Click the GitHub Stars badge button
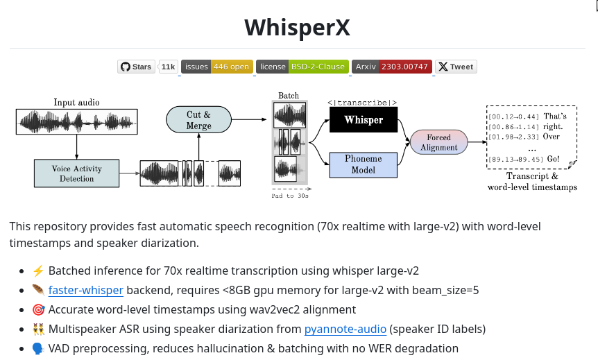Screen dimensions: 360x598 (136, 67)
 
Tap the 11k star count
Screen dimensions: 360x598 (168, 67)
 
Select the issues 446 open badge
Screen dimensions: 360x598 (217, 67)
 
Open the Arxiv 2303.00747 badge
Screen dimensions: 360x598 (392, 67)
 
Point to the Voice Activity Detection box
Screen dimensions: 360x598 (77, 173)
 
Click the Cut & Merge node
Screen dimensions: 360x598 (198, 120)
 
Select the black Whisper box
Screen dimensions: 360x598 (364, 120)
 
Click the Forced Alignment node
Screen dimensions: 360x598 (438, 142)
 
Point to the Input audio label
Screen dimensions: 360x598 (76, 103)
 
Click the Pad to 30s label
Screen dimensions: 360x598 (290, 196)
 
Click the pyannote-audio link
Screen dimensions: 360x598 (345, 329)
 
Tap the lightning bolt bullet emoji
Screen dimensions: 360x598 (37, 271)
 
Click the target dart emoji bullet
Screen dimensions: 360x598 (37, 310)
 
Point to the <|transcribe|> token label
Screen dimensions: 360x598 (362, 103)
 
